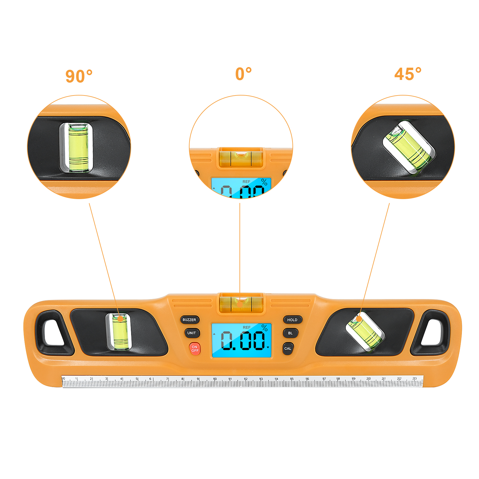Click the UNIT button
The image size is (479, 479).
(x=192, y=333)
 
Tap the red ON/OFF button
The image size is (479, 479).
(x=195, y=349)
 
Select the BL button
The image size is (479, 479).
(x=290, y=333)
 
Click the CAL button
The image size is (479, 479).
(x=288, y=348)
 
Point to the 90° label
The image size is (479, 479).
(x=79, y=76)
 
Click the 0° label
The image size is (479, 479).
(x=243, y=74)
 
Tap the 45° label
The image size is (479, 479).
(x=408, y=74)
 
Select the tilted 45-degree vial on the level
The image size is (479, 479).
(x=365, y=331)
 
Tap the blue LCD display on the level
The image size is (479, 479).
(x=241, y=340)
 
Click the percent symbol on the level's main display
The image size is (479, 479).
(x=264, y=328)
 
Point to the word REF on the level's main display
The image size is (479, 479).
(x=247, y=328)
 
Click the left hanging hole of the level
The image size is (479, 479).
(x=54, y=333)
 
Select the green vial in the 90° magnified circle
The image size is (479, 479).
(x=78, y=147)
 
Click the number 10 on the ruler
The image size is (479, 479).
(x=215, y=379)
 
